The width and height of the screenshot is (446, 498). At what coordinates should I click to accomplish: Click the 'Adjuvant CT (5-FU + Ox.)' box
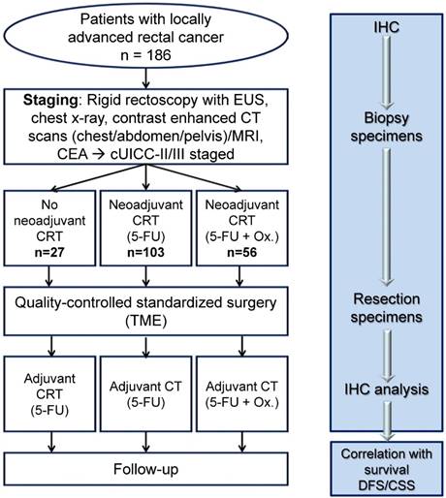(x=245, y=392)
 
